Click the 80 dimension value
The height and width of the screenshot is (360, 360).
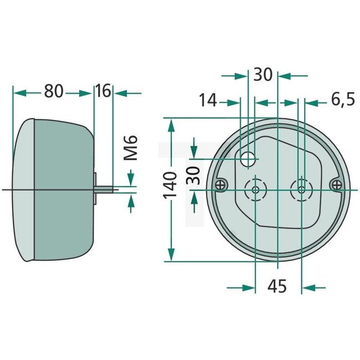[x=54, y=91]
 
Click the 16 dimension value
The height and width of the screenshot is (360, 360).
[x=103, y=91]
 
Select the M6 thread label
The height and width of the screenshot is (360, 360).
[x=131, y=148]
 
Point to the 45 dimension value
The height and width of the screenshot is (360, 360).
[x=277, y=287]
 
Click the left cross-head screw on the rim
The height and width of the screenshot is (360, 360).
[x=221, y=185]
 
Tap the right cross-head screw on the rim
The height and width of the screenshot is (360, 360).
[x=335, y=184]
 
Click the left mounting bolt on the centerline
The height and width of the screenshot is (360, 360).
[x=255, y=189]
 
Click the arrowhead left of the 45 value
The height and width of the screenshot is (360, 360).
[x=249, y=287]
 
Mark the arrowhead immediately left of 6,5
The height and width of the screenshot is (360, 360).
[x=311, y=102]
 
